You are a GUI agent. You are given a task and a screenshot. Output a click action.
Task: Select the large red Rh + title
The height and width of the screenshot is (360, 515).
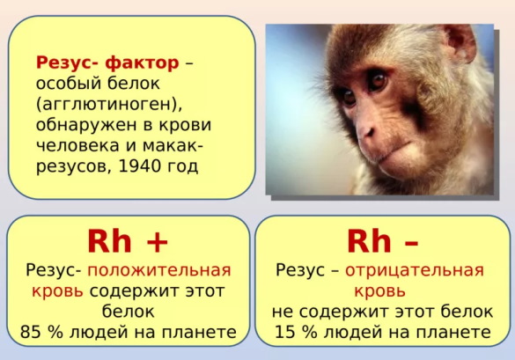point(128,240)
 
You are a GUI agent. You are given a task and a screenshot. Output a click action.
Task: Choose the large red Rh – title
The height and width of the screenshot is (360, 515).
point(383,240)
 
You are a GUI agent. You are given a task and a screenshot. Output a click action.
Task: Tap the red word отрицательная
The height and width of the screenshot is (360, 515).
point(415,270)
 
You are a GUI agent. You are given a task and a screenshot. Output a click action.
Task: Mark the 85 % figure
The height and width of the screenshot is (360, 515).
point(42,332)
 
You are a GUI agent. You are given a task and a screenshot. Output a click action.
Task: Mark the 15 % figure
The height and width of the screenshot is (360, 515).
point(295,332)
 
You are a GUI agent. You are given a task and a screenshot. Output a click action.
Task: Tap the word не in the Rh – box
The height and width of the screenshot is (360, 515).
point(283,312)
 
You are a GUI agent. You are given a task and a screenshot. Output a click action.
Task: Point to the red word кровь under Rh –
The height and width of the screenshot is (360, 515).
point(380,290)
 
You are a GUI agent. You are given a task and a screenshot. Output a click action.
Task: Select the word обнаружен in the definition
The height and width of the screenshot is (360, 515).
point(80,124)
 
